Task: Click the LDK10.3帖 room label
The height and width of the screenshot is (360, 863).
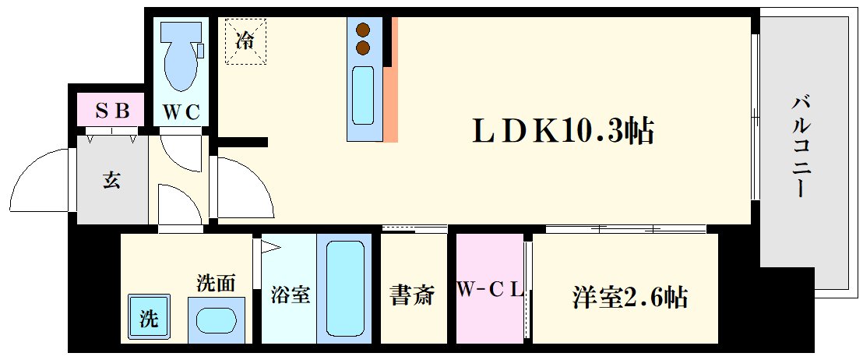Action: [x=562, y=131]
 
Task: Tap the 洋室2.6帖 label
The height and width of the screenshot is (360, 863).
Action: [x=630, y=296]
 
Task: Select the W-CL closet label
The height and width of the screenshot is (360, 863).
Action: [x=489, y=291]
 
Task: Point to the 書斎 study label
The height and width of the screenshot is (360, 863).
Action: [x=411, y=295]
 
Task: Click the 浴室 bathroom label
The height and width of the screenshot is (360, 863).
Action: [x=290, y=295]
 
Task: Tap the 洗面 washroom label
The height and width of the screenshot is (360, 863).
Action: [x=216, y=283]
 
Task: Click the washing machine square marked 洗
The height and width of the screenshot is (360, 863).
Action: [x=148, y=318]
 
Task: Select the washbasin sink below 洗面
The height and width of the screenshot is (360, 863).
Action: [x=217, y=319]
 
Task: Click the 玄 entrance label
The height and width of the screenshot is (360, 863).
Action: [x=111, y=181]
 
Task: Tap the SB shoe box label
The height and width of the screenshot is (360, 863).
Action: [x=111, y=110]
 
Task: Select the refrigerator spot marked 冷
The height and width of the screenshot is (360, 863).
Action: [x=245, y=41]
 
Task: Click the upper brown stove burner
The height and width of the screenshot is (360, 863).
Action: [x=362, y=30]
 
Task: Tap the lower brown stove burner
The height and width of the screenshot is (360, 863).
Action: [x=362, y=48]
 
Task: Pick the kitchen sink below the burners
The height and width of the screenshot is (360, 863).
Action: [x=363, y=94]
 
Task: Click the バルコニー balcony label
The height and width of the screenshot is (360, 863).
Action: [x=799, y=146]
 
